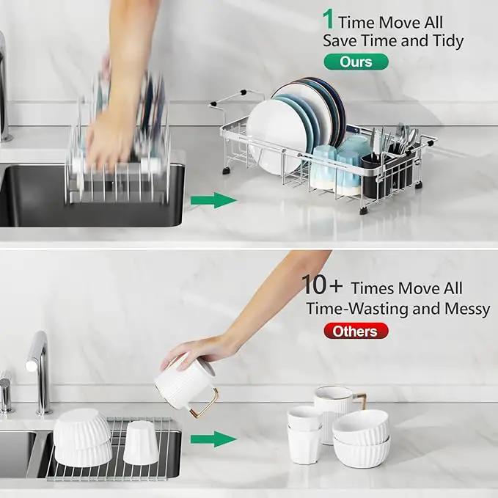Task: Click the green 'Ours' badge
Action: point(356,62)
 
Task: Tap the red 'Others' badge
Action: point(356,332)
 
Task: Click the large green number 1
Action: point(328,19)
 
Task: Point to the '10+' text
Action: point(322,285)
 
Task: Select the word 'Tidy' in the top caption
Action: point(448,41)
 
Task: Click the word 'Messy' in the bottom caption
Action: point(467,309)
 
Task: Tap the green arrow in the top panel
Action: point(213,200)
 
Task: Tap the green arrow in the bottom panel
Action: point(213,439)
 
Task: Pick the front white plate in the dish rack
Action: point(276,137)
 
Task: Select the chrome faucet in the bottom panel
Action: point(40,373)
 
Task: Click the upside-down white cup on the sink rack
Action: point(141,443)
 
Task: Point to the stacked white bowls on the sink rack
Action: point(82,438)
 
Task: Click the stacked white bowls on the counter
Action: point(361,439)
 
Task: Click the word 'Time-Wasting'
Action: point(356,309)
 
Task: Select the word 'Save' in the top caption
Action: point(340,41)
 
